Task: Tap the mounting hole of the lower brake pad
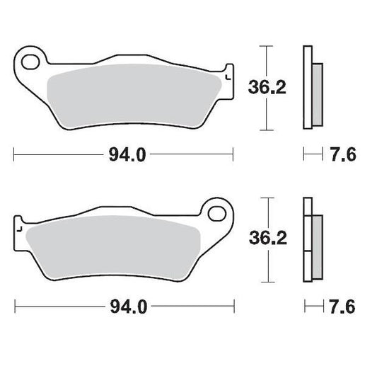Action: pos(215,212)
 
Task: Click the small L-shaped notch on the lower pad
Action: pos(21,228)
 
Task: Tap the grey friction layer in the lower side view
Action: pos(316,241)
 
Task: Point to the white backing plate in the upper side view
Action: pos(307,88)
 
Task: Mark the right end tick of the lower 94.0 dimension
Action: pos(233,307)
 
